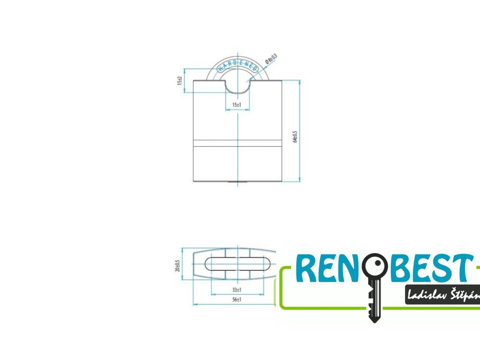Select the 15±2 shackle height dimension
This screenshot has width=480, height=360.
[x=179, y=80]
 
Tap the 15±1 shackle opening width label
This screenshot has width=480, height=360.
[x=237, y=105]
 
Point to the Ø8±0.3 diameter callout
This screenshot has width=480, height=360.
[x=271, y=59]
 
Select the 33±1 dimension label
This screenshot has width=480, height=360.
[x=237, y=291]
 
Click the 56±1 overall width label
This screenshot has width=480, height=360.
[x=237, y=300]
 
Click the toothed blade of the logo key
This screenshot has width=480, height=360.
[x=373, y=300]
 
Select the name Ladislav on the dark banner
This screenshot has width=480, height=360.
[x=425, y=295]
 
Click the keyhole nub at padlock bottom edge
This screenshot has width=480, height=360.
[x=237, y=182]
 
